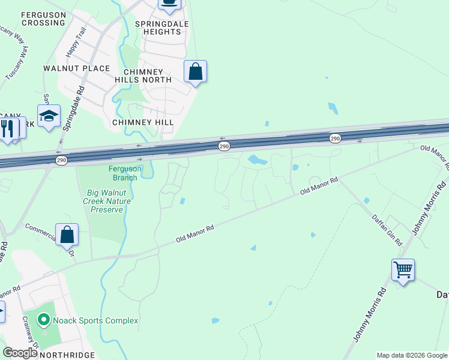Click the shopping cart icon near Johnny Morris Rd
(x=403, y=269)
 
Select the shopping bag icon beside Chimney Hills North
(x=195, y=71)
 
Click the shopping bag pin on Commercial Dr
(x=67, y=235)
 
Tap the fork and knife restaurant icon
(x=7, y=128)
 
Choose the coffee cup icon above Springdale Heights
(x=169, y=3)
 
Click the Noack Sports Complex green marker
(x=42, y=320)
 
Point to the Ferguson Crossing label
(x=43, y=18)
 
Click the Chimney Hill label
(x=143, y=122)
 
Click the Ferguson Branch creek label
(x=125, y=173)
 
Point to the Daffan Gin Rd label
(x=386, y=229)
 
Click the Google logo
(x=20, y=352)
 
